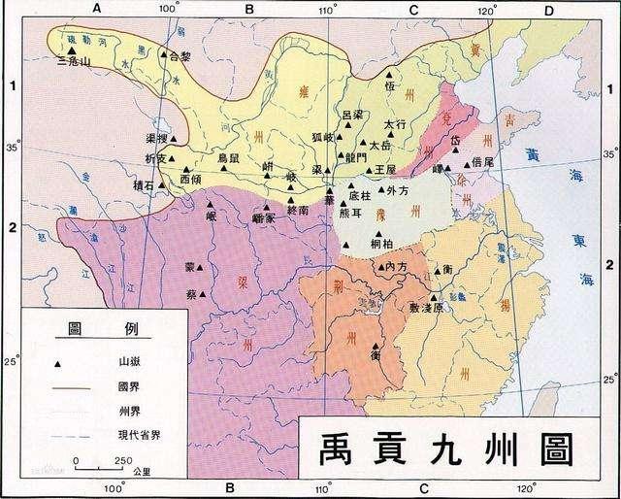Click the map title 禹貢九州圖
click(x=441, y=449)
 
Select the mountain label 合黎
click(x=180, y=57)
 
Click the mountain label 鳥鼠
click(x=228, y=157)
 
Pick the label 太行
click(x=393, y=125)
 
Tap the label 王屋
click(x=385, y=169)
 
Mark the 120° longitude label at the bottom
click(x=525, y=486)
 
